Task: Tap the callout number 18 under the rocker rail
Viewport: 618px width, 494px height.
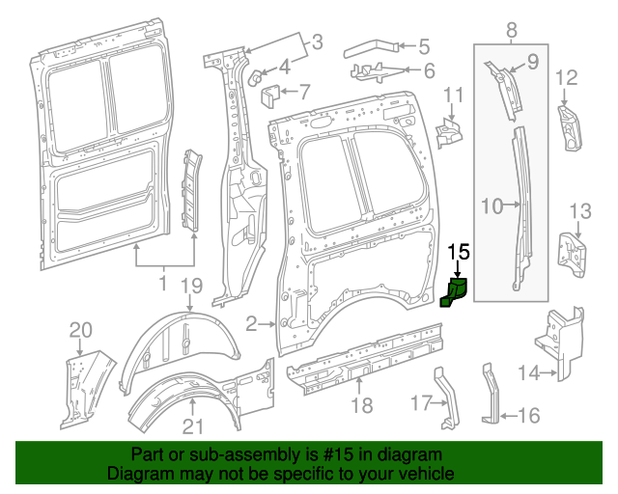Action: (361, 405)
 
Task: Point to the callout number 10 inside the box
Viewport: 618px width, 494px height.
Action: (492, 205)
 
